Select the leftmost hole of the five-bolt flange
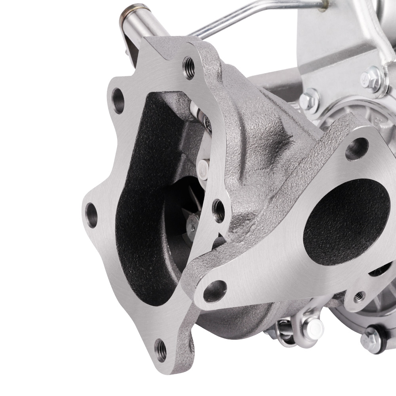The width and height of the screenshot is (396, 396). pos(91,214)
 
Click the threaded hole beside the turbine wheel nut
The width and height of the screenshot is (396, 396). pos(218,210)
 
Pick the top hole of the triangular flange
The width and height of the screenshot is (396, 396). pos(357,149)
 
